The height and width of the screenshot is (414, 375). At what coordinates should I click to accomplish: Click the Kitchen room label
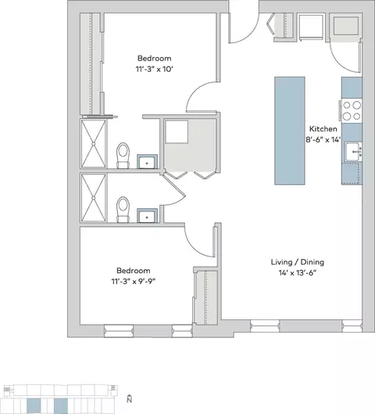(x=323, y=129)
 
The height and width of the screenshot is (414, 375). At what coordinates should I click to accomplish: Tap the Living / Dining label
(x=298, y=262)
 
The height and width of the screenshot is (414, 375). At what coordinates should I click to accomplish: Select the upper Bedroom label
(x=155, y=58)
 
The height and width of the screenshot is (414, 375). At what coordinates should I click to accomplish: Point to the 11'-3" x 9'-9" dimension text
(x=134, y=282)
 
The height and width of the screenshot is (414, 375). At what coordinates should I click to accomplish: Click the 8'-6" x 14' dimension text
(x=323, y=139)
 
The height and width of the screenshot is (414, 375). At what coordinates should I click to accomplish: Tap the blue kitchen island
(x=290, y=131)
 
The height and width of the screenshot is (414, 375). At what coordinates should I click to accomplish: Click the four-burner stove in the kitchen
(x=352, y=110)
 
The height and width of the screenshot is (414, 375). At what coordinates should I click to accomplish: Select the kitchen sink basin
(x=352, y=152)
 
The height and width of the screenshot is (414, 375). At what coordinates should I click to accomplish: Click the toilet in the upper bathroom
(x=123, y=155)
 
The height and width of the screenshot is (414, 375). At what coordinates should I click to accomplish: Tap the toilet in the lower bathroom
(x=123, y=210)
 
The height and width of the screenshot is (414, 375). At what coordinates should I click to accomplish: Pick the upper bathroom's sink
(x=147, y=161)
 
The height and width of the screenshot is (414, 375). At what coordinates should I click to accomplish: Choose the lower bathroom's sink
(x=147, y=216)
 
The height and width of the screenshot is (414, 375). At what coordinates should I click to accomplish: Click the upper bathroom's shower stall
(x=94, y=144)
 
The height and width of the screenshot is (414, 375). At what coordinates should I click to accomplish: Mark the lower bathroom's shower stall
(x=94, y=198)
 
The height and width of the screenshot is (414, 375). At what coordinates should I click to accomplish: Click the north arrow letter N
(x=129, y=399)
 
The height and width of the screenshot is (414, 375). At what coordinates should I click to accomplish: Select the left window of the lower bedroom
(x=119, y=331)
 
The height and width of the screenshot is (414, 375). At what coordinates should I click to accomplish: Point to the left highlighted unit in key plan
(x=34, y=406)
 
